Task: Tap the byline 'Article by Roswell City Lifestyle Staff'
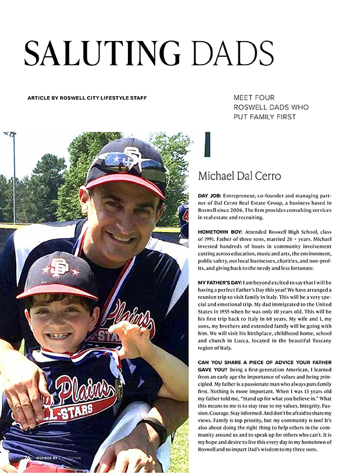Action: coord(87,98)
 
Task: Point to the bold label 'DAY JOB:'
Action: coord(209,197)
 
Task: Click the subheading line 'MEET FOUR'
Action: coord(254,97)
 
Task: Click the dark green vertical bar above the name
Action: coord(208,144)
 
